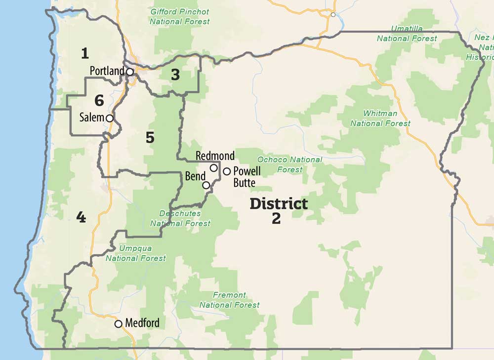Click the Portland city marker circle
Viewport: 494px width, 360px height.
129,72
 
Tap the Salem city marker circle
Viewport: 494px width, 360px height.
109,118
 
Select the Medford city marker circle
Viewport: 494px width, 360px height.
118,324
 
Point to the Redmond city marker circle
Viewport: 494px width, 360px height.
213,168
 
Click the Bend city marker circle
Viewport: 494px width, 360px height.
206,185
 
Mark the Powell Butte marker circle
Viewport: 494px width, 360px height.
226,171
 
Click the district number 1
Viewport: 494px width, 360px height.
85,52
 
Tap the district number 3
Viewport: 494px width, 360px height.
175,75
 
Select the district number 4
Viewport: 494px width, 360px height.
81,217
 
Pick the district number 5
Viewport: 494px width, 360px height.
150,138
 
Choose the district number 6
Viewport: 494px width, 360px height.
99,101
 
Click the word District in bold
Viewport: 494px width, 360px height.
279,203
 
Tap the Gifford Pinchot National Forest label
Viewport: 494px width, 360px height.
180,16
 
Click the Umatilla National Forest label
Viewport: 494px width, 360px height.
407,33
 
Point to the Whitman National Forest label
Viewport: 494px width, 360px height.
380,119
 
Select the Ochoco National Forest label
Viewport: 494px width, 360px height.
289,164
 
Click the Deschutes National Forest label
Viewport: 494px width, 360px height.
180,218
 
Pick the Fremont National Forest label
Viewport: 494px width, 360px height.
229,300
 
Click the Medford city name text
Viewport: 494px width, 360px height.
142,323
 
